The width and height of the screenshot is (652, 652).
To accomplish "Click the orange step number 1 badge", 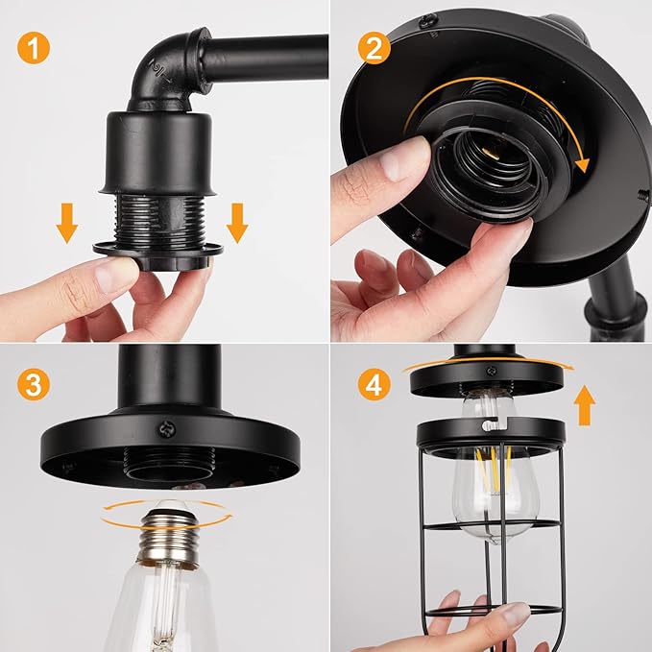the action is [x=34, y=47].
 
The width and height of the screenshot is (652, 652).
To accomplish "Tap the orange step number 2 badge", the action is [x=374, y=47].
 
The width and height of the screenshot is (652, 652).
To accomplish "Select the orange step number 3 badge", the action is [x=34, y=384].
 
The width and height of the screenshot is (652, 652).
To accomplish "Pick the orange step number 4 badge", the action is [x=374, y=384].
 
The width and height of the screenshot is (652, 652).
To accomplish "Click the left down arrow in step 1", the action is [x=67, y=223].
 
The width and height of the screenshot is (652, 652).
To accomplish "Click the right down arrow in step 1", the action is [x=237, y=223].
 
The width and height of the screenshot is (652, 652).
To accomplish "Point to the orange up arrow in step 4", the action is [x=584, y=405].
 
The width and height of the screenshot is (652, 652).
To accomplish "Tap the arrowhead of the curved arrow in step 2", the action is [x=582, y=165].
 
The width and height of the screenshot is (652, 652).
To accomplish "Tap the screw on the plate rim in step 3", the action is [x=167, y=428].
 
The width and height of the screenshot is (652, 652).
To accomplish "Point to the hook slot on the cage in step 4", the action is [x=494, y=423].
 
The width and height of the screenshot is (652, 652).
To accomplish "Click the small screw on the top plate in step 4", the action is [x=492, y=370].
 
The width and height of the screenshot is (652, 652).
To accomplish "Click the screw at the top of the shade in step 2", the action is [x=427, y=20].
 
